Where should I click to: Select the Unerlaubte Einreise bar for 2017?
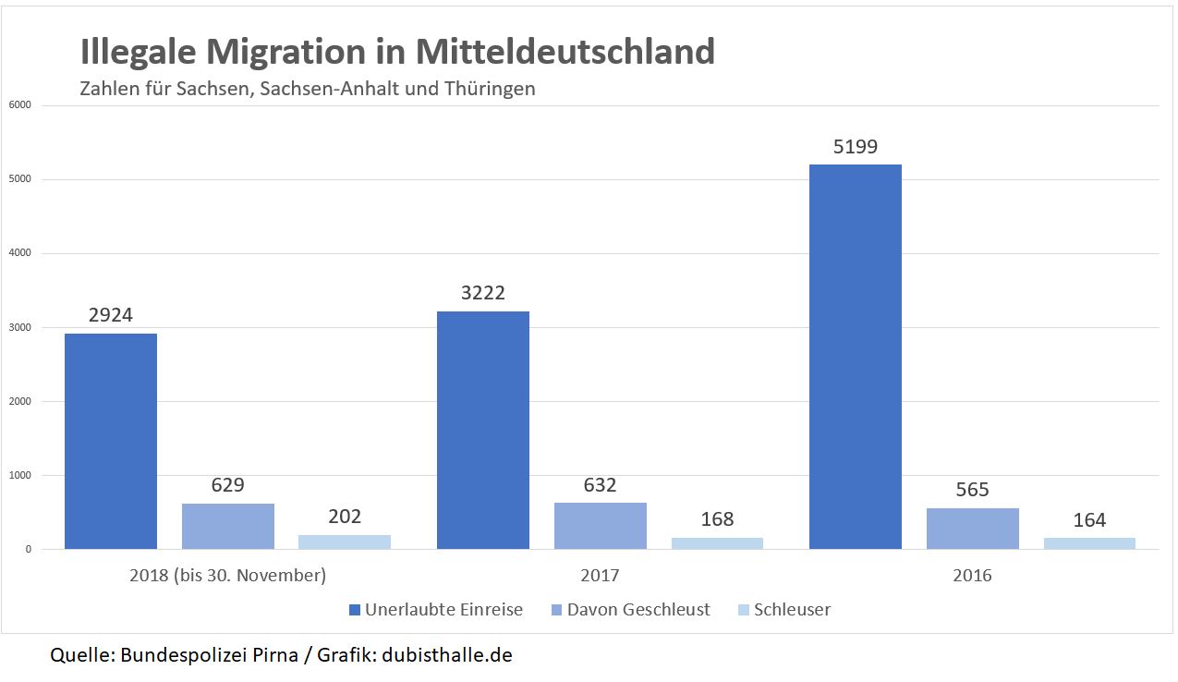(x=482, y=430)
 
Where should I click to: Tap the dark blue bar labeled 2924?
(x=111, y=441)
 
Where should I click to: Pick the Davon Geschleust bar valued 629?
(x=228, y=527)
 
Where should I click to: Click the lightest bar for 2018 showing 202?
(x=344, y=542)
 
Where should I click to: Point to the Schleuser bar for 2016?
(x=1089, y=543)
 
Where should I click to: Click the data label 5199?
(x=855, y=146)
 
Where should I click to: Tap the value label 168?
(x=717, y=518)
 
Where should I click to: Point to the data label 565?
(x=972, y=490)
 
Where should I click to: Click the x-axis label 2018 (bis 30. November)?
(x=227, y=575)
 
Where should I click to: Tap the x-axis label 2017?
(x=600, y=575)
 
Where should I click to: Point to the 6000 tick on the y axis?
(x=19, y=105)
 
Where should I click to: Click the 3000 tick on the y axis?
(x=19, y=327)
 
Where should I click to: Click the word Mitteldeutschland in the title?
(x=565, y=52)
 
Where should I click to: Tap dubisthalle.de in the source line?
(x=449, y=655)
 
